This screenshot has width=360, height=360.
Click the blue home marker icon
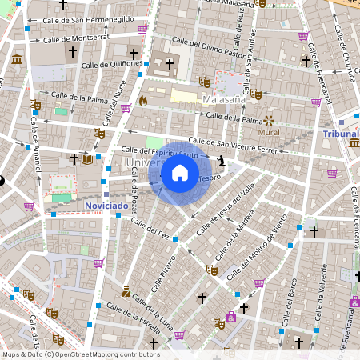coord(180,172)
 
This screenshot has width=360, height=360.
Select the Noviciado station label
coord(106,206)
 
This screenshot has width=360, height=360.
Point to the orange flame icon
coord(143,102)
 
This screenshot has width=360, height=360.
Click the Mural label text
coord(270,131)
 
